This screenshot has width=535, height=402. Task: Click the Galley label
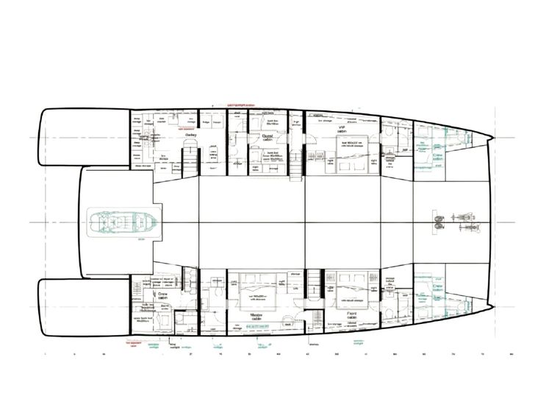coord(191,135)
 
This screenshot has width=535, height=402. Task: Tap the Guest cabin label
coord(266,138)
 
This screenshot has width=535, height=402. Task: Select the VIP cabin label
coord(341,130)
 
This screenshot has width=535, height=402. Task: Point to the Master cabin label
coord(258,314)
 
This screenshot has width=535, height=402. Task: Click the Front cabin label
coord(351,314)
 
